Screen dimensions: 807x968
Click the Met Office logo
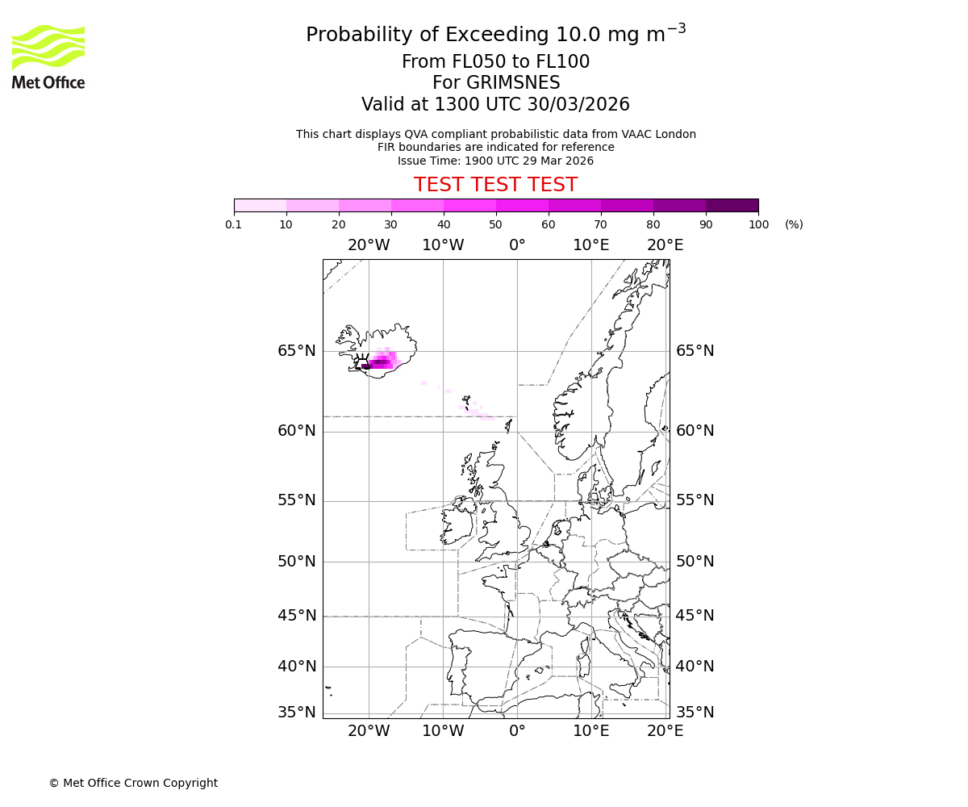click(x=48, y=56)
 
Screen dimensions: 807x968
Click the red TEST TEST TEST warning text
click(x=495, y=185)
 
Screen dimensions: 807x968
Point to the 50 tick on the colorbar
click(x=496, y=224)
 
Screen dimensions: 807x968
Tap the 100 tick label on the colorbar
click(x=758, y=224)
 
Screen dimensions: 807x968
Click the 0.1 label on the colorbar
click(x=234, y=224)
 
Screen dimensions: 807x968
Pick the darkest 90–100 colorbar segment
click(x=732, y=205)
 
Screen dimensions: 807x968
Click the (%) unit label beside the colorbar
click(x=794, y=224)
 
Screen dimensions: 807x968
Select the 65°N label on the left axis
click(x=297, y=351)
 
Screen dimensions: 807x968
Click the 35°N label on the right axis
click(x=695, y=712)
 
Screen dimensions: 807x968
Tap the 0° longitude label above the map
click(x=517, y=245)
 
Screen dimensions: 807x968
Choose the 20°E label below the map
click(x=665, y=731)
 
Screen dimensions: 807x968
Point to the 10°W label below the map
click(x=443, y=731)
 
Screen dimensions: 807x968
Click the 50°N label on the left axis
click(x=297, y=562)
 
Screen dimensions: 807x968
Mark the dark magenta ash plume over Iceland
click(x=380, y=362)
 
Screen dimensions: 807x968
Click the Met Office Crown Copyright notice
click(x=133, y=783)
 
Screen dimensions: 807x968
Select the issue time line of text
click(x=495, y=161)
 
